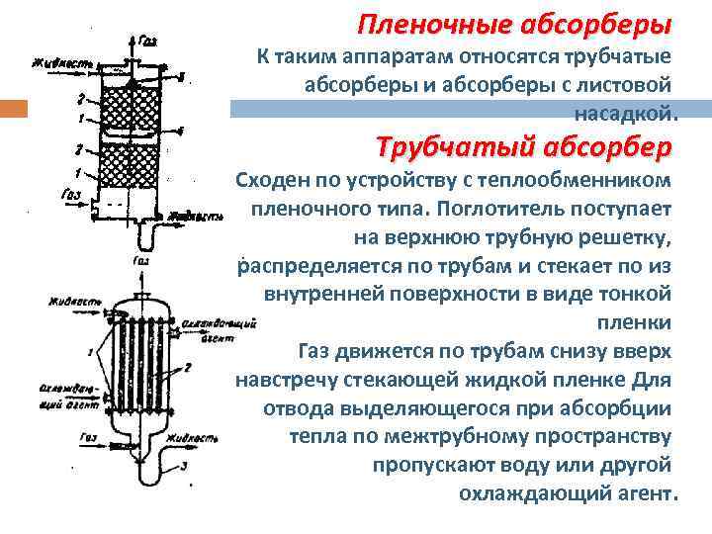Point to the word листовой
[x=622, y=84]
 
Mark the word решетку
[x=627, y=237]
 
